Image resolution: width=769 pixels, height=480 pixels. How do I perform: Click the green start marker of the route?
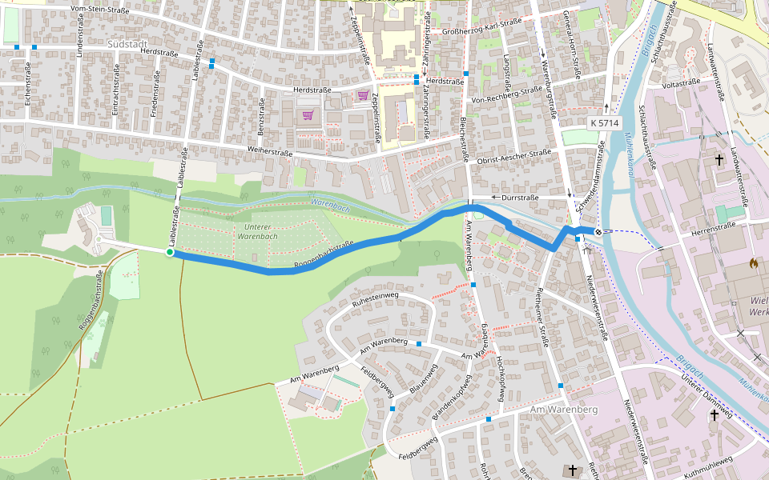[x=170, y=253]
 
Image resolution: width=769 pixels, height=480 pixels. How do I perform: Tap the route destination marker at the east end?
[x=598, y=232]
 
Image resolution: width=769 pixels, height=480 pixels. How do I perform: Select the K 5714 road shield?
[x=604, y=123]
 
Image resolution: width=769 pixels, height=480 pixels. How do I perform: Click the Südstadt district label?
[x=128, y=44]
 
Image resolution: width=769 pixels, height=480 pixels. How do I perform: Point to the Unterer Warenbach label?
[x=257, y=232]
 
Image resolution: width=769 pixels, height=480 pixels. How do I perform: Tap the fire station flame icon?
[x=753, y=262]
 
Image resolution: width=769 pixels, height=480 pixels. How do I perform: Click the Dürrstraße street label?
[x=520, y=197]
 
